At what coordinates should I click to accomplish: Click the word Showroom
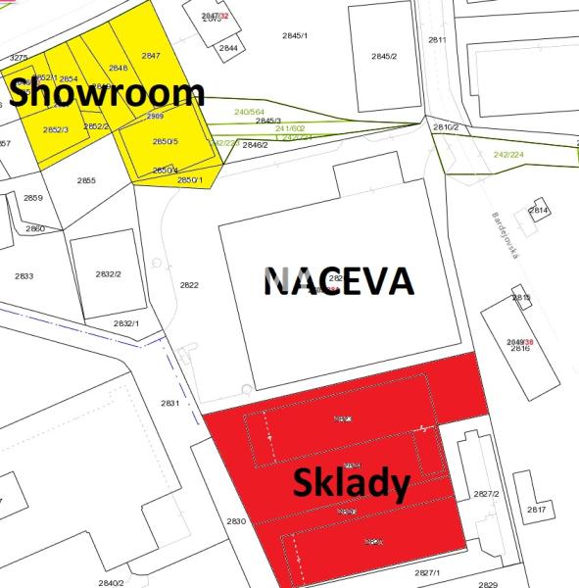[108, 93]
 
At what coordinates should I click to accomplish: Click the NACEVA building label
[339, 282]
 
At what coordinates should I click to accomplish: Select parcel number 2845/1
[295, 35]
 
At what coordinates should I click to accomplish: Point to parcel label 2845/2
[384, 56]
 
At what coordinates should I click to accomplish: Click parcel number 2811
[437, 40]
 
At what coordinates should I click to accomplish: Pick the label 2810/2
[446, 127]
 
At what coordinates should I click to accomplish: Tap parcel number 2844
[228, 48]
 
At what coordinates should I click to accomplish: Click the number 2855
[86, 180]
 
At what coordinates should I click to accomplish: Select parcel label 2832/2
[108, 273]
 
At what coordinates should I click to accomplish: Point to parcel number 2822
[189, 285]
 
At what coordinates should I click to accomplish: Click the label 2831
[170, 403]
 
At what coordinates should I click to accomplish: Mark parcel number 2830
[235, 521]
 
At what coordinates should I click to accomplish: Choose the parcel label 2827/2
[486, 494]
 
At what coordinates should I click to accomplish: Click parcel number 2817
[536, 510]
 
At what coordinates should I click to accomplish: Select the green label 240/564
[250, 113]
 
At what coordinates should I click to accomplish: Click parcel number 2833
[24, 276]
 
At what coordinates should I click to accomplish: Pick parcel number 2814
[538, 210]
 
